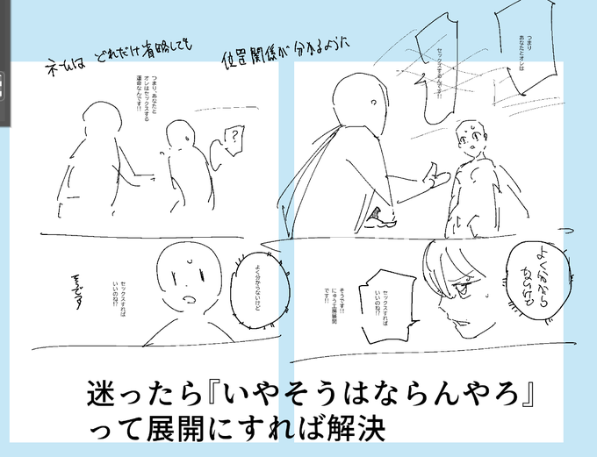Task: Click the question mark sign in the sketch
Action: (234, 138)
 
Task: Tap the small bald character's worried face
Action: (469, 142)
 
